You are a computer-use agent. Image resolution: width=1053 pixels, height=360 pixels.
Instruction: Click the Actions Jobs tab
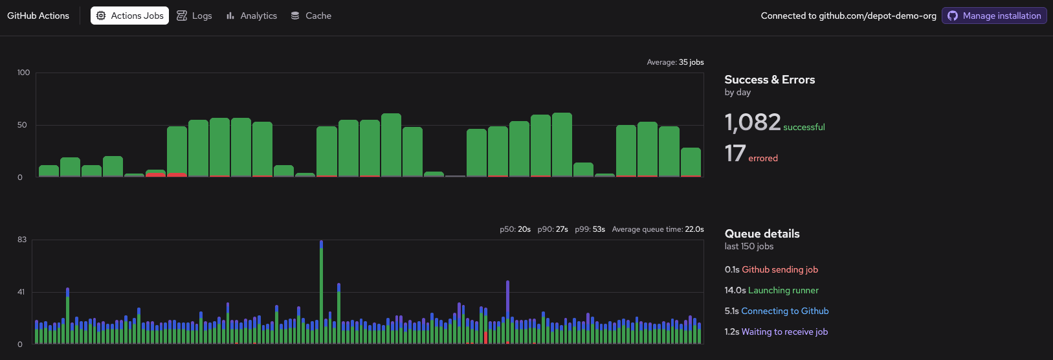(129, 16)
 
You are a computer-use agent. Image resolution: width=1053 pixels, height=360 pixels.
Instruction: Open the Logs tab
(195, 16)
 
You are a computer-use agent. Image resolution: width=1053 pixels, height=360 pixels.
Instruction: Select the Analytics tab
(252, 16)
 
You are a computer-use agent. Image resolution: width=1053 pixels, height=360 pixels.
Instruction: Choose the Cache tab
(311, 16)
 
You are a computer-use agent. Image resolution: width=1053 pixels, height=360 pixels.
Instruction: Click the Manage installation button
(994, 16)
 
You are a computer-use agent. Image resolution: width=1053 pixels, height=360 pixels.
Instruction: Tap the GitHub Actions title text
(38, 16)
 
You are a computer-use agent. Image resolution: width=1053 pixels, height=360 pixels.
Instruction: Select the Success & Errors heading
(770, 80)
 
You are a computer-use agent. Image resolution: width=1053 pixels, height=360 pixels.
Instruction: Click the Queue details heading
(762, 234)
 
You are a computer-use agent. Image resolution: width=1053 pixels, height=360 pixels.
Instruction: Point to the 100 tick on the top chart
(24, 73)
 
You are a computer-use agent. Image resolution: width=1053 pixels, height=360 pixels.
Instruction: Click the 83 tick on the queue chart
(22, 240)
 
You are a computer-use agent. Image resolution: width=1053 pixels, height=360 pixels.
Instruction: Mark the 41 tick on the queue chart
(21, 292)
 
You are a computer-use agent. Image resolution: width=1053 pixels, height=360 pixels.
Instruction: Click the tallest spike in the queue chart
(322, 291)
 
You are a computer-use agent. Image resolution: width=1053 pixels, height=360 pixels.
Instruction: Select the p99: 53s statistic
(590, 229)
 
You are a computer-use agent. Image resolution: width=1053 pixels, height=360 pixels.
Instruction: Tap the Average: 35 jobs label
(675, 62)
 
